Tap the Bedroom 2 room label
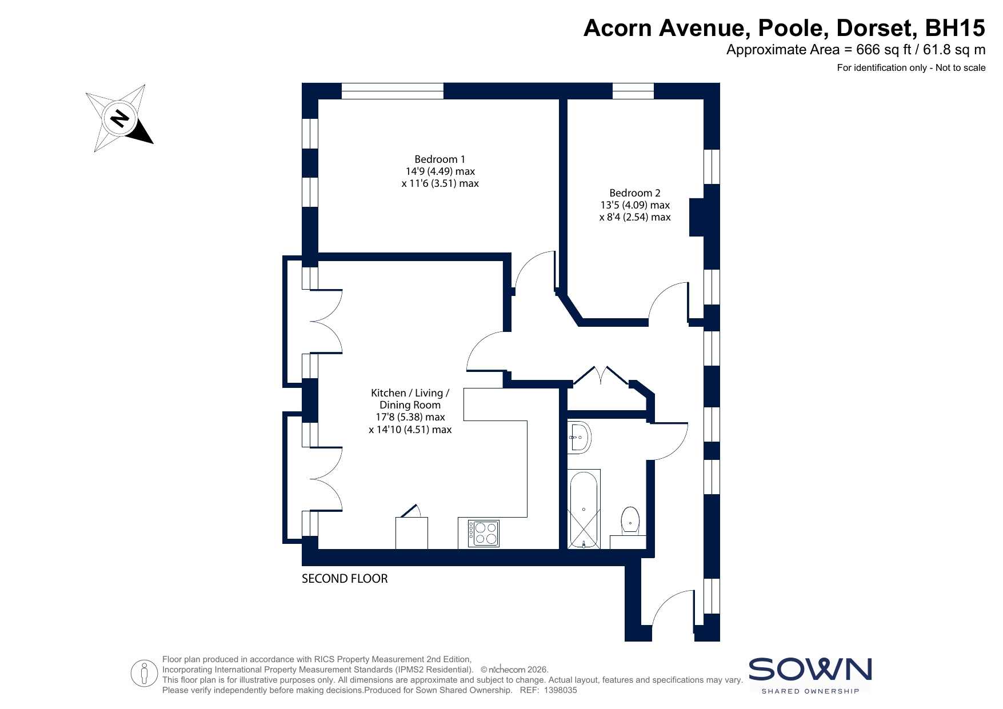[634, 193]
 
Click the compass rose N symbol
[119, 118]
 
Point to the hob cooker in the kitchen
[483, 534]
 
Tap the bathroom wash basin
[579, 438]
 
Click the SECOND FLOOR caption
[345, 579]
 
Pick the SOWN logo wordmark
[810, 670]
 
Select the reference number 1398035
[561, 690]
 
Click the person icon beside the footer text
[144, 674]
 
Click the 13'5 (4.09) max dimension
[634, 205]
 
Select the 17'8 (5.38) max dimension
[410, 417]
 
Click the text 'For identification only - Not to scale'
[911, 68]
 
